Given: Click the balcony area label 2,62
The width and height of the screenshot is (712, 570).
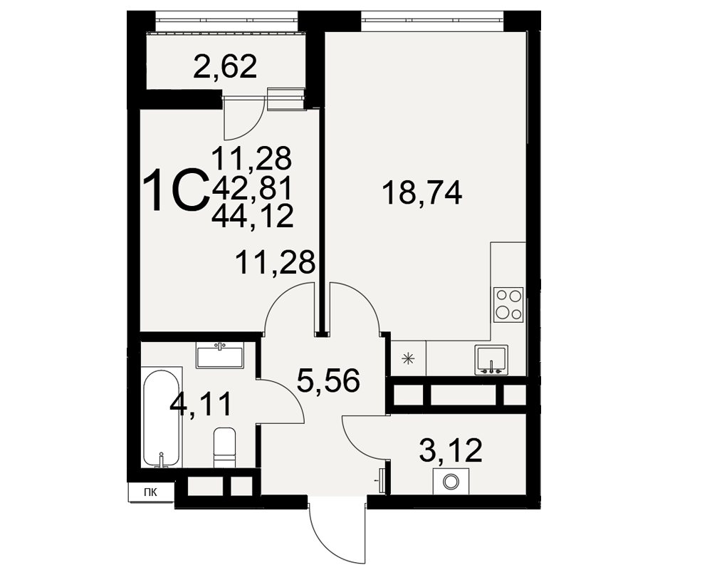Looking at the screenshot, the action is pyautogui.click(x=225, y=67).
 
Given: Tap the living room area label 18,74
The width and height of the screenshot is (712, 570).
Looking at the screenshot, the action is pyautogui.click(x=422, y=192).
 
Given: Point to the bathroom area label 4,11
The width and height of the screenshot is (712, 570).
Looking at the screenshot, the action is pyautogui.click(x=200, y=404).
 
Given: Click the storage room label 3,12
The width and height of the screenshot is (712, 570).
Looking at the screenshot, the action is pyautogui.click(x=451, y=450).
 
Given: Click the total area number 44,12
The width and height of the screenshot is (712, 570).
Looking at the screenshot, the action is pyautogui.click(x=253, y=216).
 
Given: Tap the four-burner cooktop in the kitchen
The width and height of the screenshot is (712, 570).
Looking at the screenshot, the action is pyautogui.click(x=508, y=304).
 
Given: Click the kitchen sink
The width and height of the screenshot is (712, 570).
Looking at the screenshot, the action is pyautogui.click(x=491, y=360).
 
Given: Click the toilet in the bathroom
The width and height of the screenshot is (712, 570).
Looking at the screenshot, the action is pyautogui.click(x=225, y=447).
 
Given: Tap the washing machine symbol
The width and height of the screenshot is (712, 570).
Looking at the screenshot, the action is pyautogui.click(x=451, y=482).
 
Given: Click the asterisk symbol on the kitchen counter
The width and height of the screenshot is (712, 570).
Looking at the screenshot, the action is pyautogui.click(x=409, y=359).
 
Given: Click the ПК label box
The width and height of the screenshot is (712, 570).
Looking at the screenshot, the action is pyautogui.click(x=151, y=492).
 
